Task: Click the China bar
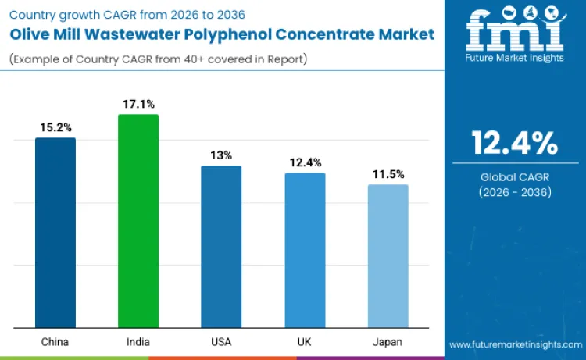55,233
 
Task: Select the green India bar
138,221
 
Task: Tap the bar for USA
221,247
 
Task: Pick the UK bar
305,250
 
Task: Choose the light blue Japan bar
388,256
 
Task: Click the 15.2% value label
55,127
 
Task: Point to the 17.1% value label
138,103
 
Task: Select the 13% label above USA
221,155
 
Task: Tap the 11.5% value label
388,173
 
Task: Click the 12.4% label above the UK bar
305,162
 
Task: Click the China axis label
55,342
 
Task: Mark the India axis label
138,342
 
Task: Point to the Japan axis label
388,342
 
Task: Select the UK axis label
305,342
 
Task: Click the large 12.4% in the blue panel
514,143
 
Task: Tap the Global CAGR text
514,177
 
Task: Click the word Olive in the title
30,34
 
